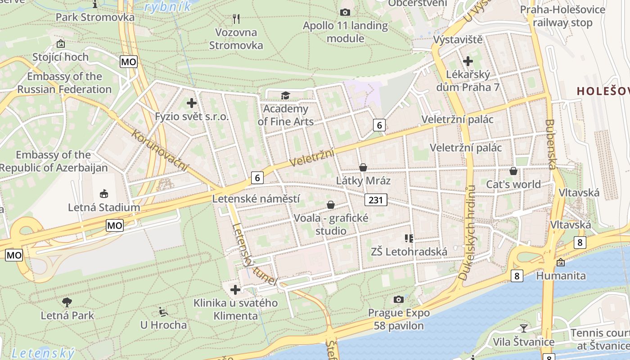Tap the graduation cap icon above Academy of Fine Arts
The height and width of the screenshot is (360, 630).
[285, 95]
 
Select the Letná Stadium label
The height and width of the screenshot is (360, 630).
[104, 207]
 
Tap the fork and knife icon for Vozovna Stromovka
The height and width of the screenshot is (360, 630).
[236, 18]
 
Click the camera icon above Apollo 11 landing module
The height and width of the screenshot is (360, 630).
[345, 12]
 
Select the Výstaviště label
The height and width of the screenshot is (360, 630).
[458, 40]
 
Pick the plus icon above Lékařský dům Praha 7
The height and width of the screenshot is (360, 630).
[468, 61]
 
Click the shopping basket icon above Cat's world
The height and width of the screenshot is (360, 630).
[513, 171]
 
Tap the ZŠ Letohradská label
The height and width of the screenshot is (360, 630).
[409, 252]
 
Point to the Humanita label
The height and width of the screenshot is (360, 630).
[561, 275]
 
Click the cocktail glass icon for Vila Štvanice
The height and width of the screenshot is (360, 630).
[523, 328]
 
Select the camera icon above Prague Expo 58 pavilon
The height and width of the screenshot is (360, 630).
[398, 299]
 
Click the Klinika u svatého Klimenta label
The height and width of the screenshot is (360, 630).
[236, 309]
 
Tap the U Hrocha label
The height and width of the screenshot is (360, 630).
[163, 324]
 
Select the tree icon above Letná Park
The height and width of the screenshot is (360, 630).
[67, 302]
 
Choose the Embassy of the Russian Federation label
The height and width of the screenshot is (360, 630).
[64, 83]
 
